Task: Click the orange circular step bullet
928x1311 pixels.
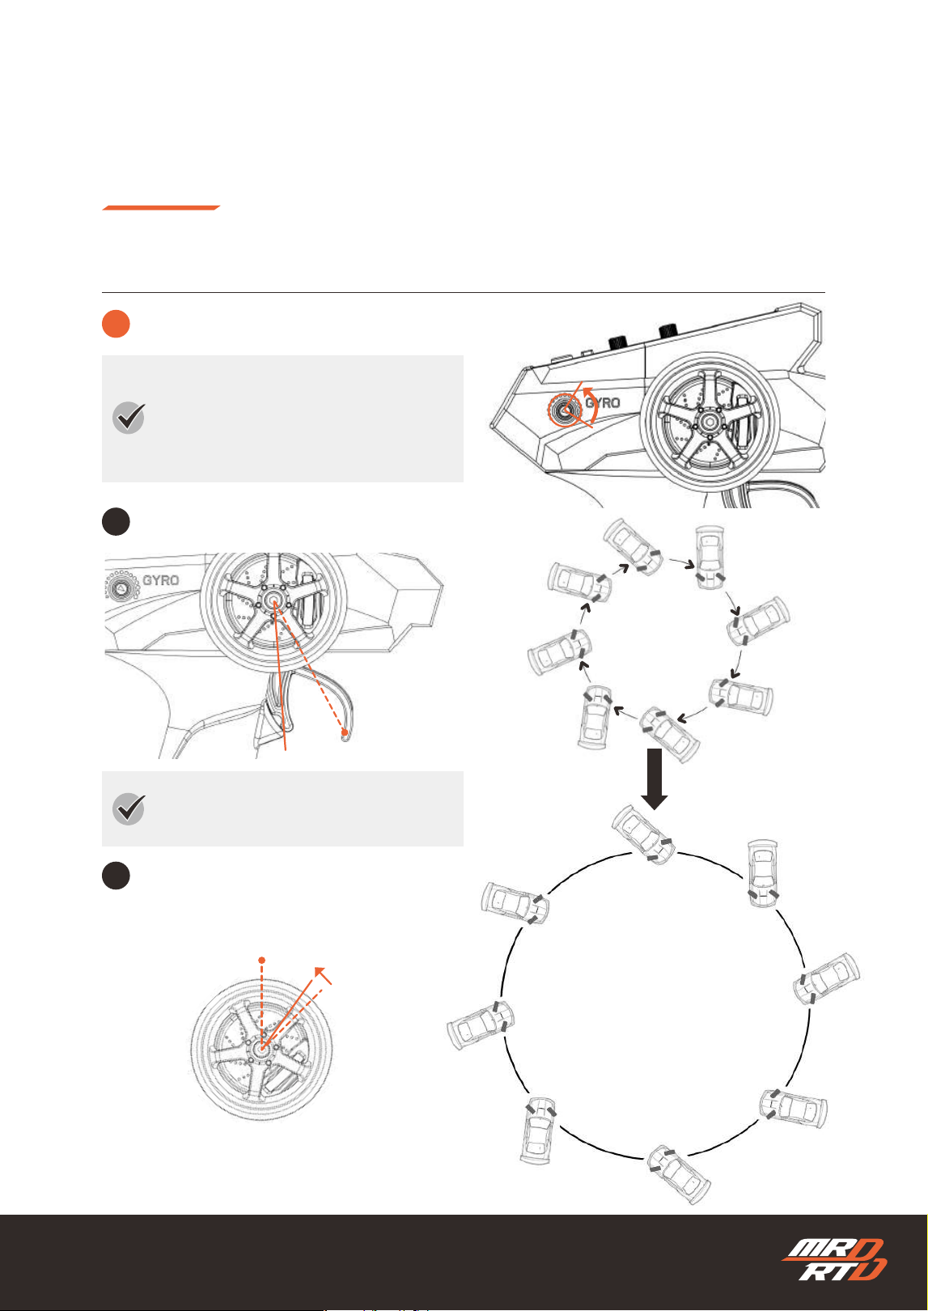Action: coord(116,324)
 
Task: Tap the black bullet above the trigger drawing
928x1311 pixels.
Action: coord(116,521)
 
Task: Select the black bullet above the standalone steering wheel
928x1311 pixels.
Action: coord(116,876)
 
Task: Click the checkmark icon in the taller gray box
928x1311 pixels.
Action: coord(129,418)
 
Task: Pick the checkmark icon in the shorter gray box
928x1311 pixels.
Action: coord(129,808)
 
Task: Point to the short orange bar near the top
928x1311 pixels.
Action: coord(161,208)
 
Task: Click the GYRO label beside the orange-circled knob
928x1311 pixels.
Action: coord(603,403)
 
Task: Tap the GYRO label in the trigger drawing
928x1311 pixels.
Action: coord(161,580)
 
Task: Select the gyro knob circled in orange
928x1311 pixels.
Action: coord(566,410)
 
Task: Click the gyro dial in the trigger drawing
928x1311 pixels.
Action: coord(121,586)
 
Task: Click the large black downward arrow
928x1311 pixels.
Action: coord(655,779)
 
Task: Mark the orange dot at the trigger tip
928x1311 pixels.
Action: coord(345,732)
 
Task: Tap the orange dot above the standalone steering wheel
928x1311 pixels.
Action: coord(262,961)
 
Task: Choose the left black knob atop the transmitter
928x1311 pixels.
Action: coord(617,342)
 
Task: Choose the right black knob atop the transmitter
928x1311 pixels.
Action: coord(668,332)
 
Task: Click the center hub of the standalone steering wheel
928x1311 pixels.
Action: coord(261,1050)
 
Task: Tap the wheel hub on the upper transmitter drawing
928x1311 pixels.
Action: coord(710,422)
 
